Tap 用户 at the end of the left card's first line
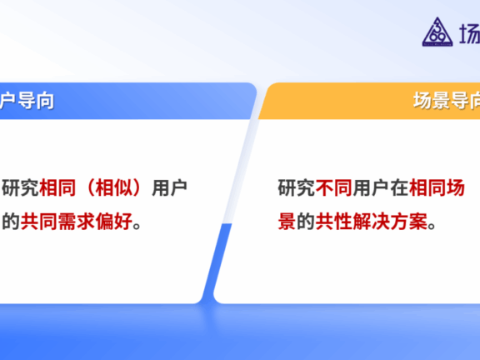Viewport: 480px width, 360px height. point(169,188)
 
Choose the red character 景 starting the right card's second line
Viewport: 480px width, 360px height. point(287,222)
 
